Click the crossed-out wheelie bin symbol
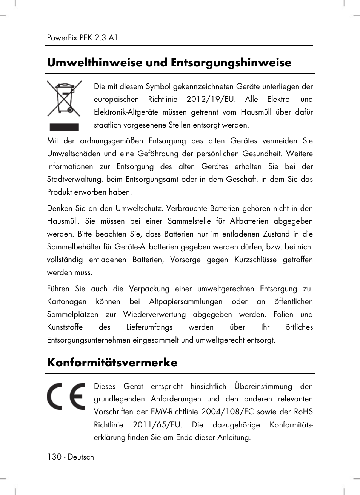pos(64,99)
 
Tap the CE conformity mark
pos(66,397)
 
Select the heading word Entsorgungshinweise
pos(231,63)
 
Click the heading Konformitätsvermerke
pos(112,363)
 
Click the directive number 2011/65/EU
pos(157,425)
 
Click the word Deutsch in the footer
pos(81,457)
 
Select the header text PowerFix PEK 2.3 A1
pos(83,38)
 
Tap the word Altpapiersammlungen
pos(186,301)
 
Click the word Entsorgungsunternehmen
pos(89,340)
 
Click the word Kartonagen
pos(66,301)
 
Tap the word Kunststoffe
pos(65,327)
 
